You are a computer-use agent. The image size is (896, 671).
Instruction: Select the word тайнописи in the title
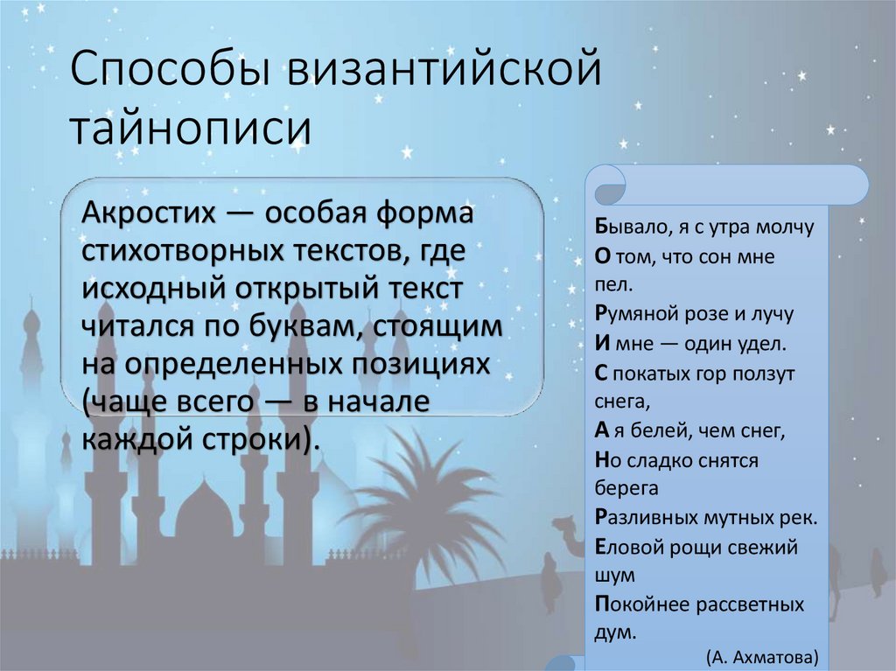point(190,127)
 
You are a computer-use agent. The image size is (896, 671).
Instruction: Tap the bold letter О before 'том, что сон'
point(601,257)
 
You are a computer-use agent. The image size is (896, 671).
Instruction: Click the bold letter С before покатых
point(600,373)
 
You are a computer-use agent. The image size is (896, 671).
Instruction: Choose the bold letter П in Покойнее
point(601,604)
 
